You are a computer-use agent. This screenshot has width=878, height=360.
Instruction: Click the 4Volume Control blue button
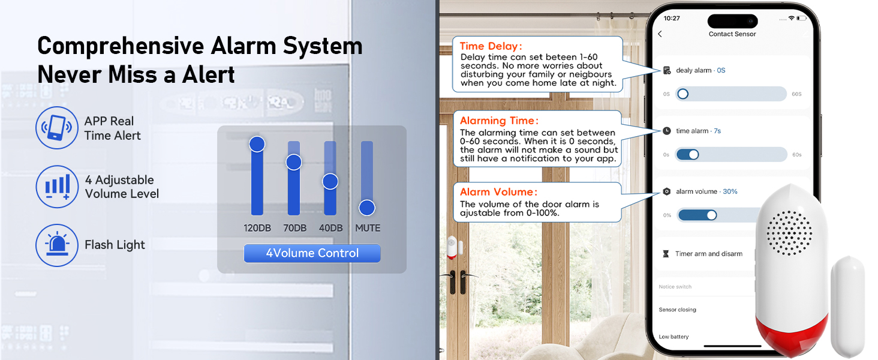(x=312, y=253)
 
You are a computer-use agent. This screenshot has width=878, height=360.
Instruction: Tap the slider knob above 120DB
(x=257, y=144)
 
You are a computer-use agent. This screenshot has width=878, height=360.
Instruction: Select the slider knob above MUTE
(x=367, y=208)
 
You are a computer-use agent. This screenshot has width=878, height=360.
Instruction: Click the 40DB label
(x=330, y=228)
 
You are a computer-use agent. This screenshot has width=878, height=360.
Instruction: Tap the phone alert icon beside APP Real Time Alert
(x=57, y=128)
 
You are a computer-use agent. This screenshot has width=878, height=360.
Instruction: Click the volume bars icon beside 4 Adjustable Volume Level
(x=57, y=186)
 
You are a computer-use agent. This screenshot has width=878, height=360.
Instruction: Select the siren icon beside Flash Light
(x=57, y=245)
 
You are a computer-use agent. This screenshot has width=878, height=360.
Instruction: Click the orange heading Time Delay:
(x=491, y=46)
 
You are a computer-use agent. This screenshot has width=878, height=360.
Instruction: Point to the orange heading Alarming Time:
(x=499, y=121)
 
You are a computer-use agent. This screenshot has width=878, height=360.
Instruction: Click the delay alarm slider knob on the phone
(x=682, y=94)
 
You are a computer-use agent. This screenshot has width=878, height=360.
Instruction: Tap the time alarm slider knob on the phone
(x=693, y=154)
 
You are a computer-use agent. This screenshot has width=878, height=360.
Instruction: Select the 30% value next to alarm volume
(x=730, y=191)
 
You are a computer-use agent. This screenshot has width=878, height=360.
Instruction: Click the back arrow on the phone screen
(x=660, y=34)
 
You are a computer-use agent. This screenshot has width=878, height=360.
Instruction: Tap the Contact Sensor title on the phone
(x=732, y=34)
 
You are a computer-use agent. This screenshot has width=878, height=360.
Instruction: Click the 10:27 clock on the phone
(x=672, y=18)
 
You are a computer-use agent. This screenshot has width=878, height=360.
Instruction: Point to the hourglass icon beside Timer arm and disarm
(x=666, y=254)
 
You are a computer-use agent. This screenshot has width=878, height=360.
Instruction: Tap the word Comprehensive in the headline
(x=113, y=46)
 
